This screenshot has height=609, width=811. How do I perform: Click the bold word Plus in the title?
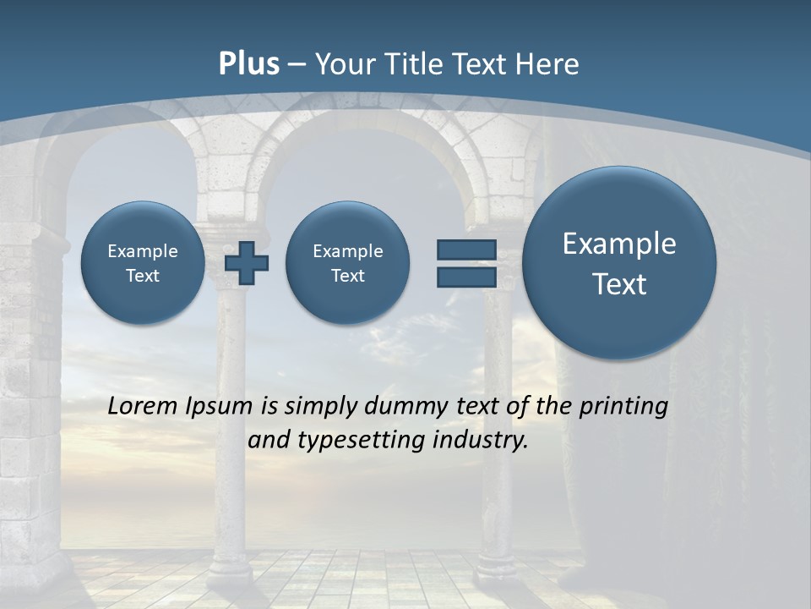[x=248, y=64]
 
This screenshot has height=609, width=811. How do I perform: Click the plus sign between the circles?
[x=247, y=263]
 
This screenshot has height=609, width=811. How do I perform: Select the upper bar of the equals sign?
[x=465, y=250]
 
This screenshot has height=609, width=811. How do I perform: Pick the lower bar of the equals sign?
[x=465, y=277]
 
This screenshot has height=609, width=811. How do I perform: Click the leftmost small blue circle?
[x=142, y=263]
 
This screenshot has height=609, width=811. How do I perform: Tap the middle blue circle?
[x=347, y=263]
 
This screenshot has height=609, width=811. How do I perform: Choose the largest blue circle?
[x=619, y=263]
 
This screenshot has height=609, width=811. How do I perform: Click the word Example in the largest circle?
[x=619, y=244]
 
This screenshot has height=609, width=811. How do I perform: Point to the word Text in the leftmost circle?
[x=142, y=276]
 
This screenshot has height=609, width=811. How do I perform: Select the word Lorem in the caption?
[x=143, y=407]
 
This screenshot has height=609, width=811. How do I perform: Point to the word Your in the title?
[x=343, y=64]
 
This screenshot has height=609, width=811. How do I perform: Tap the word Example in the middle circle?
[x=347, y=251]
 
